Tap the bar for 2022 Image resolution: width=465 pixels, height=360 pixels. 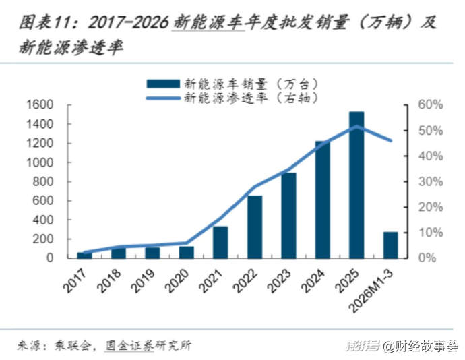tap(255, 227)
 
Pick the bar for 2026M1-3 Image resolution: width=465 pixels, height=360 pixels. tap(390, 245)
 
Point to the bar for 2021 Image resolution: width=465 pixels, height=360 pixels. tap(220, 242)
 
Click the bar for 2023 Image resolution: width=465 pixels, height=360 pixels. tap(288, 215)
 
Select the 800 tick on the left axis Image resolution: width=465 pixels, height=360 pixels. tap(42, 182)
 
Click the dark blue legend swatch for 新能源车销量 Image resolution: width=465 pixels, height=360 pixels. tap(162, 84)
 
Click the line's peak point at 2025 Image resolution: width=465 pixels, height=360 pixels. tap(356, 126)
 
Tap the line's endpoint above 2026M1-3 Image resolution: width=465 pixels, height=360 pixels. tap(390, 140)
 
